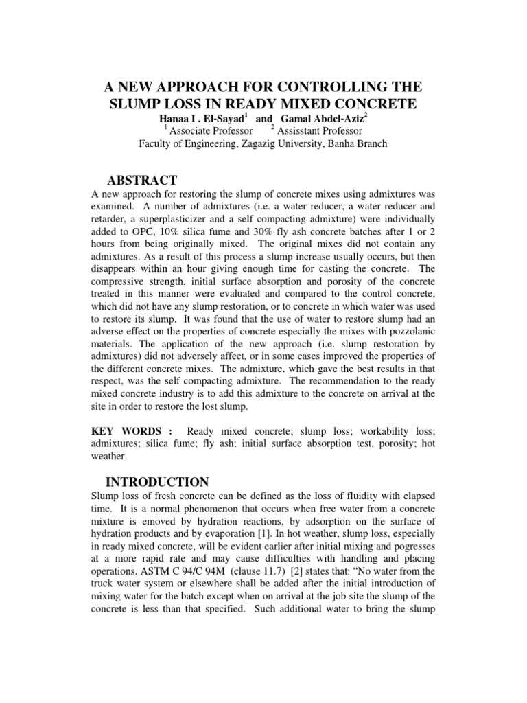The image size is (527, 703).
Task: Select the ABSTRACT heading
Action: point(141,181)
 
